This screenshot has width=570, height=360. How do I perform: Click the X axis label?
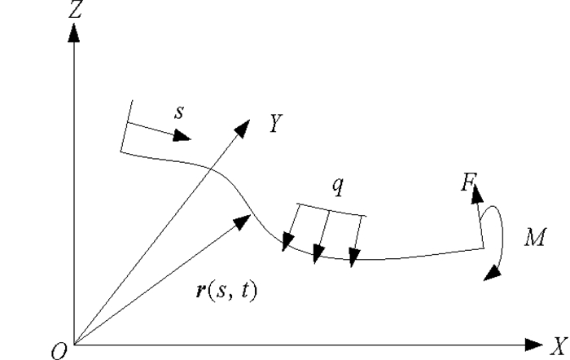(x=557, y=344)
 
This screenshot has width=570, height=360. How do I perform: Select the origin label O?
(x=58, y=350)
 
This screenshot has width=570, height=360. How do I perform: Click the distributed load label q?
(x=337, y=186)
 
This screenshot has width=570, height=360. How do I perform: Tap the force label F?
(x=467, y=182)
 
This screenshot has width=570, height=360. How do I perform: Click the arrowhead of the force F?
(x=474, y=192)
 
